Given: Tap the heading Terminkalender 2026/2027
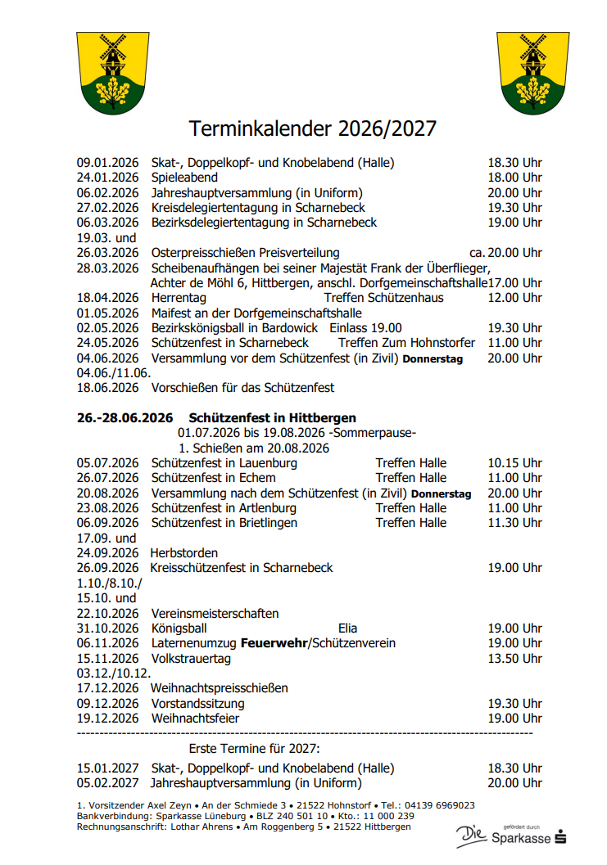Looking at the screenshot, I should coord(313,128).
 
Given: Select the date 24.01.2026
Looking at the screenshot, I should coord(108,178).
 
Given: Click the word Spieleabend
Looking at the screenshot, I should coord(184,178).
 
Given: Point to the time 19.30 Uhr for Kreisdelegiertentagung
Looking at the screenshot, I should coord(514,208).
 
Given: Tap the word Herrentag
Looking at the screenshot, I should coord(179,298).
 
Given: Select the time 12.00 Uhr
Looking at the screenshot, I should coord(514,298).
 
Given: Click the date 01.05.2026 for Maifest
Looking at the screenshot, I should coord(108,313).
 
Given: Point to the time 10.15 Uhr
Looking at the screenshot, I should coord(514,463).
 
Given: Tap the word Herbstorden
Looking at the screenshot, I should coord(184,553).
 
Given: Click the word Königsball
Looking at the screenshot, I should coord(179,628).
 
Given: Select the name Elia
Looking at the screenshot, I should coord(347,628).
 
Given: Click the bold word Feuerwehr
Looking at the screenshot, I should coord(273,643).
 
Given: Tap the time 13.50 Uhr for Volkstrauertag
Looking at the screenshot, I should coord(514,659).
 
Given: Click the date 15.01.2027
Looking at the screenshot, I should coord(108,768).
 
